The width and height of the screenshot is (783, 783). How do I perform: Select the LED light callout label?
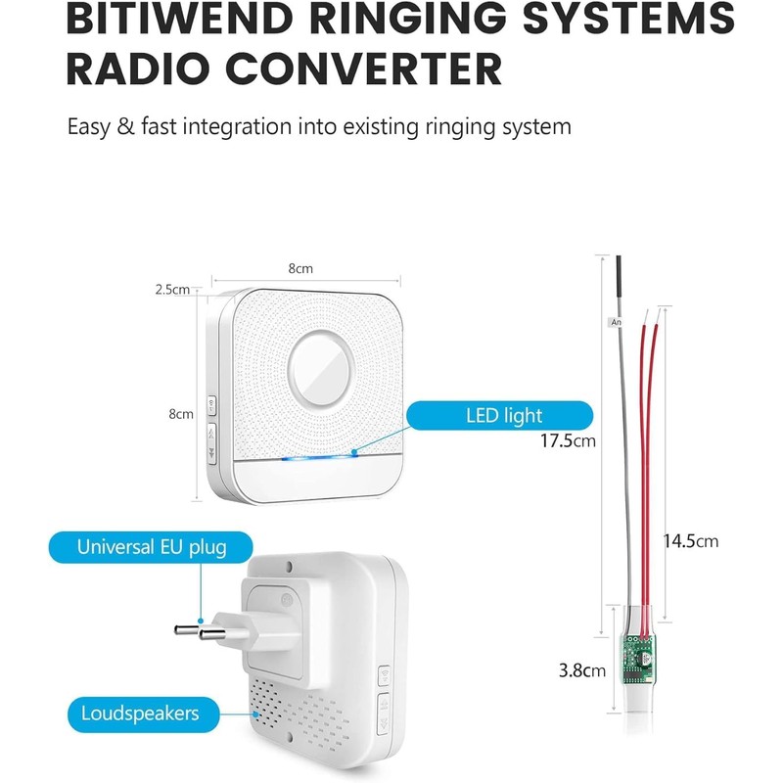(x=504, y=416)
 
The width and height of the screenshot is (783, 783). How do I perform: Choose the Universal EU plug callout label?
(x=152, y=547)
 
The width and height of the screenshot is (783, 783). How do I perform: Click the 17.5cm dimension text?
(x=569, y=440)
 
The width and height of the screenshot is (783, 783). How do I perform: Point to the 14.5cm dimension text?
(x=690, y=540)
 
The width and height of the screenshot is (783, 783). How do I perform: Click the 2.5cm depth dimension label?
(x=172, y=289)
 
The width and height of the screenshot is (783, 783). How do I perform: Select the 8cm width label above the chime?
(x=300, y=268)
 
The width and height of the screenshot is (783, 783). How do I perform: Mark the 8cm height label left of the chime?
(x=181, y=414)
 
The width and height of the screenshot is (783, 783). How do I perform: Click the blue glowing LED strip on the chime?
(x=317, y=456)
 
